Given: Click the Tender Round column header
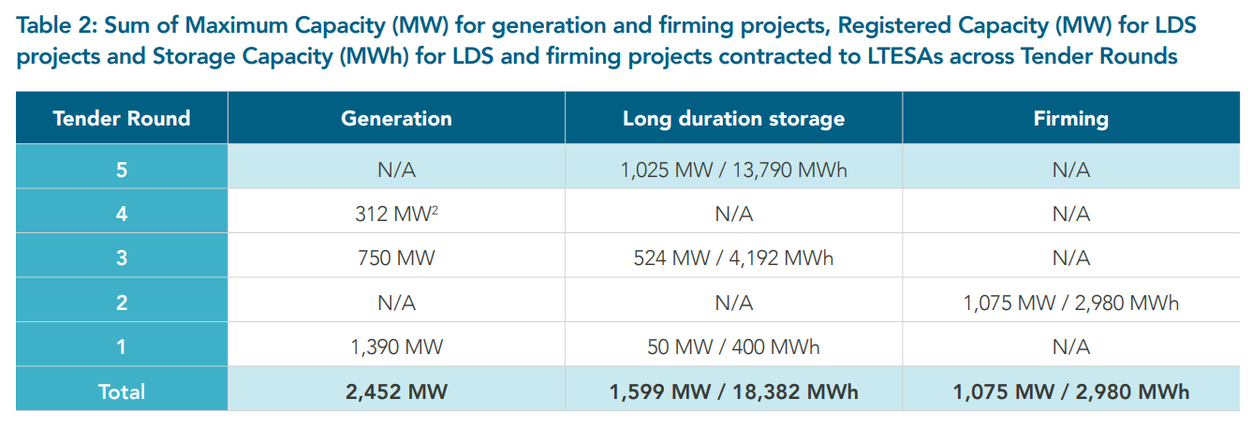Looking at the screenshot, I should [122, 118].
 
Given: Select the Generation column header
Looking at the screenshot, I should [396, 118].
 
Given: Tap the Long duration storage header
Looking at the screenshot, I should [733, 118].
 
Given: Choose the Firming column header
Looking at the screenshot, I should [1070, 118].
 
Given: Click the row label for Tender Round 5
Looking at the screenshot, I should [122, 170].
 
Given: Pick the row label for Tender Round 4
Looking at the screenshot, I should [122, 214].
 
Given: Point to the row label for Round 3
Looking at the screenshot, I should [122, 258].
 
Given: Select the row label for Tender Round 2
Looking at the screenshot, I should [122, 303].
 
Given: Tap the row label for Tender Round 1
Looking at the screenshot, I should [122, 347].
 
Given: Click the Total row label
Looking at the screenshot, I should [122, 391].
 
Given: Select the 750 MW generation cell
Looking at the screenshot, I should [396, 258].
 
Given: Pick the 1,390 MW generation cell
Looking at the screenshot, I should [396, 347].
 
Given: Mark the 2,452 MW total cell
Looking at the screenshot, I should [396, 391].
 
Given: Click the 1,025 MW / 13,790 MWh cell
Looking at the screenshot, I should [733, 170].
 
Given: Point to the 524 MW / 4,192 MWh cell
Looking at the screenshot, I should [733, 258].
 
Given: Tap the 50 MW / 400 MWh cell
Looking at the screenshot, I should [733, 347].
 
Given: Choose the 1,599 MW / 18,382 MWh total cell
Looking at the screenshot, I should [733, 391].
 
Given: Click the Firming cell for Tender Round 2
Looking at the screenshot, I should [1070, 303].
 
